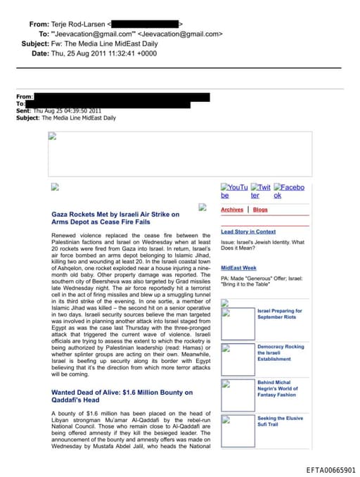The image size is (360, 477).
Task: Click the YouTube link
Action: [234, 191]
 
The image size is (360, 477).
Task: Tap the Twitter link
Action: [261, 191]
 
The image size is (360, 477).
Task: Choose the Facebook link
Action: [289, 191]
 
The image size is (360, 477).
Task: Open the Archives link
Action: [232, 210]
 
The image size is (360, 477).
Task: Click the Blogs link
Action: [260, 210]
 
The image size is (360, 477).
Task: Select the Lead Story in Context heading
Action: [248, 231]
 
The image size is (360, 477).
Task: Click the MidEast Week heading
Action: [238, 268]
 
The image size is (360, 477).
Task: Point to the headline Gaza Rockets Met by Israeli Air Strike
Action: [115, 217]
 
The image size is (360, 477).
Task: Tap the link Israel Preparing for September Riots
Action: [280, 314]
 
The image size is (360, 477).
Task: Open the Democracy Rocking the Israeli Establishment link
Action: [281, 352]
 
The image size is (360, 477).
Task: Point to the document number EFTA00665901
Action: [330, 470]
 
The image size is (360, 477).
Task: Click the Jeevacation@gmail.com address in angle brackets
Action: [181, 34]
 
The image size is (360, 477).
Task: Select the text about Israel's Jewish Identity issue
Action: [262, 245]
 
